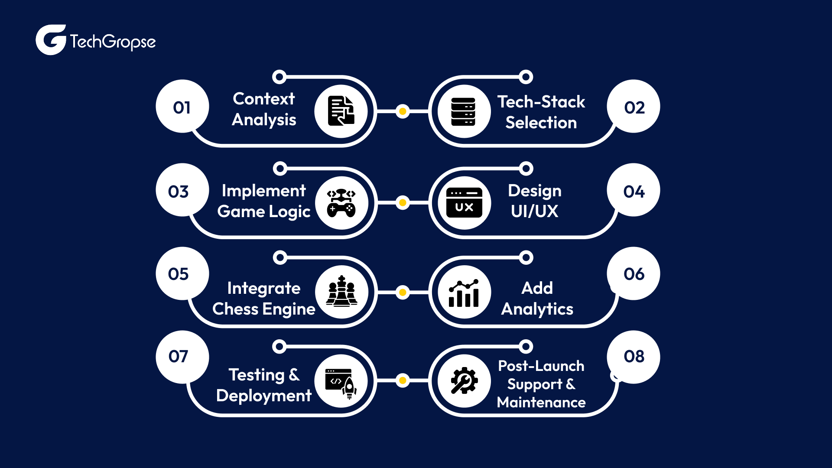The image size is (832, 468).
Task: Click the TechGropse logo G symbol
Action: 51,40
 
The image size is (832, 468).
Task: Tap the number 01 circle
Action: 182,107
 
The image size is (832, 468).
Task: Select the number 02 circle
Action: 634,107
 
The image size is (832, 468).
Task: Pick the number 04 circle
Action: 634,191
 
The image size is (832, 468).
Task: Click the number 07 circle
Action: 182,357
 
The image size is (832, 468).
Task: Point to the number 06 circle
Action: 634,273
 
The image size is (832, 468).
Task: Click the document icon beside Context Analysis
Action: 341,111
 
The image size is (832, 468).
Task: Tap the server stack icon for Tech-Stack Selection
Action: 464,111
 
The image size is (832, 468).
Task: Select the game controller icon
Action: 341,203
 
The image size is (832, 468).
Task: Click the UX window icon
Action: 464,203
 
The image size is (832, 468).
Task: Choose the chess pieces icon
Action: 342,292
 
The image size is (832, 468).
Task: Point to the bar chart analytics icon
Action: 464,292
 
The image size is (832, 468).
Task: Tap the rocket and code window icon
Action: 341,381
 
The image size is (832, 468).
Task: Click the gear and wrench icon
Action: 464,381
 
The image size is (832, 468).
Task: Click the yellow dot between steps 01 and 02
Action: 403,111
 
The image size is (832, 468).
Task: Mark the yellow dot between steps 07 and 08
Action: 403,380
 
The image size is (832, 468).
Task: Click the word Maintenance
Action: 541,403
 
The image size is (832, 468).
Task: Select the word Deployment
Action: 263,396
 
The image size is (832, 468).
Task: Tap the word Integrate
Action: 263,288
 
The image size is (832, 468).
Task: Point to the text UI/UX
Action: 534,211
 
